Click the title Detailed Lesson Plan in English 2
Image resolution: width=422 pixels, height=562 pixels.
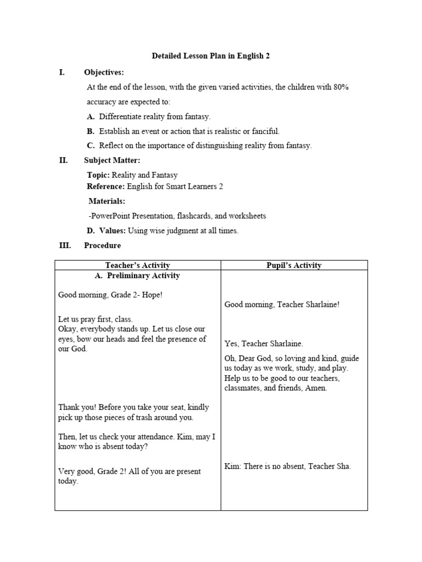tap(210, 56)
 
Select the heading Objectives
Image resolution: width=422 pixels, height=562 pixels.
tap(104, 72)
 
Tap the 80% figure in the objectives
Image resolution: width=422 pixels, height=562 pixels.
tap(340, 87)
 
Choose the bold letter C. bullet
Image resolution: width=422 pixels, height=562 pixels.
tap(91, 145)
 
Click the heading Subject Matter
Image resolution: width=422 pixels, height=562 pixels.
tap(112, 160)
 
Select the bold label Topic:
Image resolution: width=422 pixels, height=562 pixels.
tap(98, 175)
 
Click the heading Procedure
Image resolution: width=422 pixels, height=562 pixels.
tap(102, 245)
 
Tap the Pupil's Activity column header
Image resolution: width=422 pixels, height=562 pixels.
tap(294, 265)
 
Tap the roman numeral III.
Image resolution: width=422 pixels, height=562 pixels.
tap(65, 245)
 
